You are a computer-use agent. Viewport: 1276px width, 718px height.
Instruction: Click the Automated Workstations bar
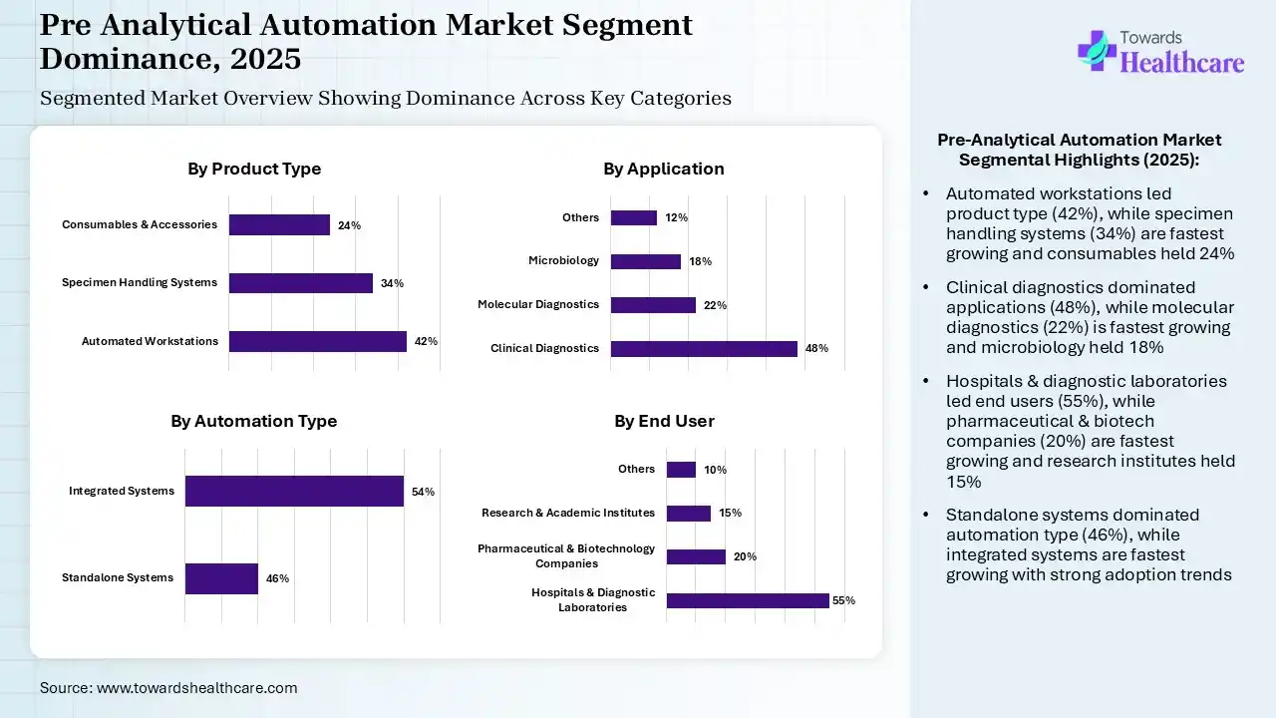[x=317, y=341]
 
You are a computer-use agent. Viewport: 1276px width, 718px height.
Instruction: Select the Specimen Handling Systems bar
[x=300, y=283]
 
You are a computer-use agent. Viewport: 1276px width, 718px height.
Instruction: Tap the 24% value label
[x=349, y=225]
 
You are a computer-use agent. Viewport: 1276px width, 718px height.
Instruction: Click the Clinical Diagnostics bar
[x=704, y=348]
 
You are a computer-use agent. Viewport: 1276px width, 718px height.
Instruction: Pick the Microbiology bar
[x=645, y=261]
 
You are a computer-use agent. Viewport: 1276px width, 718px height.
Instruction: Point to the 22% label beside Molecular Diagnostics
[x=715, y=305]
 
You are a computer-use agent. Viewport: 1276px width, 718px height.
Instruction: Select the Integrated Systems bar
[x=294, y=491]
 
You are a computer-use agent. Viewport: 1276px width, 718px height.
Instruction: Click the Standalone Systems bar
[x=221, y=578]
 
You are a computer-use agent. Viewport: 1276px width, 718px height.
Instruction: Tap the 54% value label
[x=423, y=492]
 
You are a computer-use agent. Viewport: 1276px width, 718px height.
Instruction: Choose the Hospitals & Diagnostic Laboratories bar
[x=748, y=600]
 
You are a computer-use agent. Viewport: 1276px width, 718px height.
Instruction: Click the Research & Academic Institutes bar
[x=688, y=514]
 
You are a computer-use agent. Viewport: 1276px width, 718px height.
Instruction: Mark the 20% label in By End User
[x=745, y=556]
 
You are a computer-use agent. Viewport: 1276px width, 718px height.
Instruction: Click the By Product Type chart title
[x=254, y=169]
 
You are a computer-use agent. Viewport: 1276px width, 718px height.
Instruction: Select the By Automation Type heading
[x=253, y=421]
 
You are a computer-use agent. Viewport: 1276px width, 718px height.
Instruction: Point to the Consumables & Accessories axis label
[x=140, y=224]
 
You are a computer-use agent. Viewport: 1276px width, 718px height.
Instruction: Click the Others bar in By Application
[x=633, y=217]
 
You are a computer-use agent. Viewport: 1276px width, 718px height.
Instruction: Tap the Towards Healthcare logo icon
[x=1096, y=50]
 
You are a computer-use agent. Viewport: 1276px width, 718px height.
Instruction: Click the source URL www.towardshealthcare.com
[x=196, y=687]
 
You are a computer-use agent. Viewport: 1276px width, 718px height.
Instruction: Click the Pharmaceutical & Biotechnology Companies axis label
[x=566, y=555]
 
